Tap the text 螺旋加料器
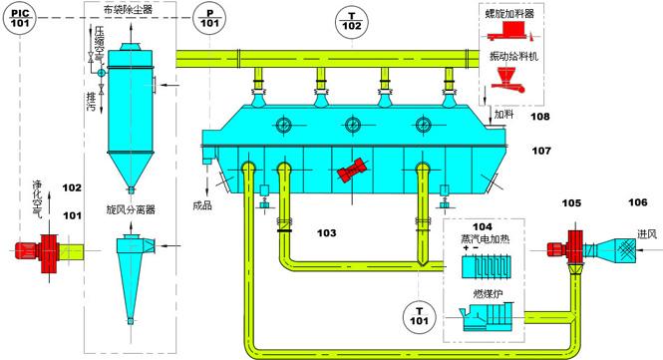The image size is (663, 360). pyautogui.click(x=512, y=16)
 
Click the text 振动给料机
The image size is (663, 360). pyautogui.click(x=513, y=56)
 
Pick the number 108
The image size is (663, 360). pyautogui.click(x=539, y=117)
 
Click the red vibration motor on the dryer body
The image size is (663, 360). pyautogui.click(x=351, y=171)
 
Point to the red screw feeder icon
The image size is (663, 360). pyautogui.click(x=512, y=36)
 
